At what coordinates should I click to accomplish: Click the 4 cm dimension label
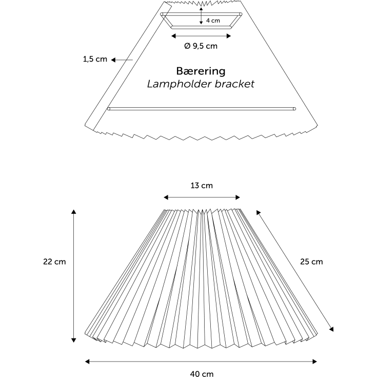[x=213, y=21]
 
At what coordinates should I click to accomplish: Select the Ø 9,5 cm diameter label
[x=201, y=46]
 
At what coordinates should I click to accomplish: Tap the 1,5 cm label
[x=95, y=59]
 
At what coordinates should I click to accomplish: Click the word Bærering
[x=201, y=71]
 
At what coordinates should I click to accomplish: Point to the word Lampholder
[x=180, y=84]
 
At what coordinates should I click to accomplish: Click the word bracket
[x=234, y=84]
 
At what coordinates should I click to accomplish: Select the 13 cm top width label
[x=202, y=186]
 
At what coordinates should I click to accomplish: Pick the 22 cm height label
[x=54, y=262]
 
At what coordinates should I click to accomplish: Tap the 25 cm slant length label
[x=311, y=262]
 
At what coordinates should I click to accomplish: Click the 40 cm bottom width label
[x=202, y=373]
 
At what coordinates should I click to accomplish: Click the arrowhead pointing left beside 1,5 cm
[x=113, y=60]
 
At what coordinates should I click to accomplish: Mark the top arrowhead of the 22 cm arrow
[x=74, y=211]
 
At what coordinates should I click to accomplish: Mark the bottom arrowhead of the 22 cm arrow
[x=74, y=340]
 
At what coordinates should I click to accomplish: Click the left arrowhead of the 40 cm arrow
[x=88, y=362]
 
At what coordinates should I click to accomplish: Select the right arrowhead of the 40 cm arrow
[x=314, y=362]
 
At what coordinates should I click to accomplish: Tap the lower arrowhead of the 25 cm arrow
[x=331, y=329]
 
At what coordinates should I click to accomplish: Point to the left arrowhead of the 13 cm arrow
[x=166, y=197]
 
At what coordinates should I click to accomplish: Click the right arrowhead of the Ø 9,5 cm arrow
[x=229, y=36]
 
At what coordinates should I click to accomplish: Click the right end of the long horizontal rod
[x=294, y=109]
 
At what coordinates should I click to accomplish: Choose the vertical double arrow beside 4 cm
[x=201, y=16]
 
